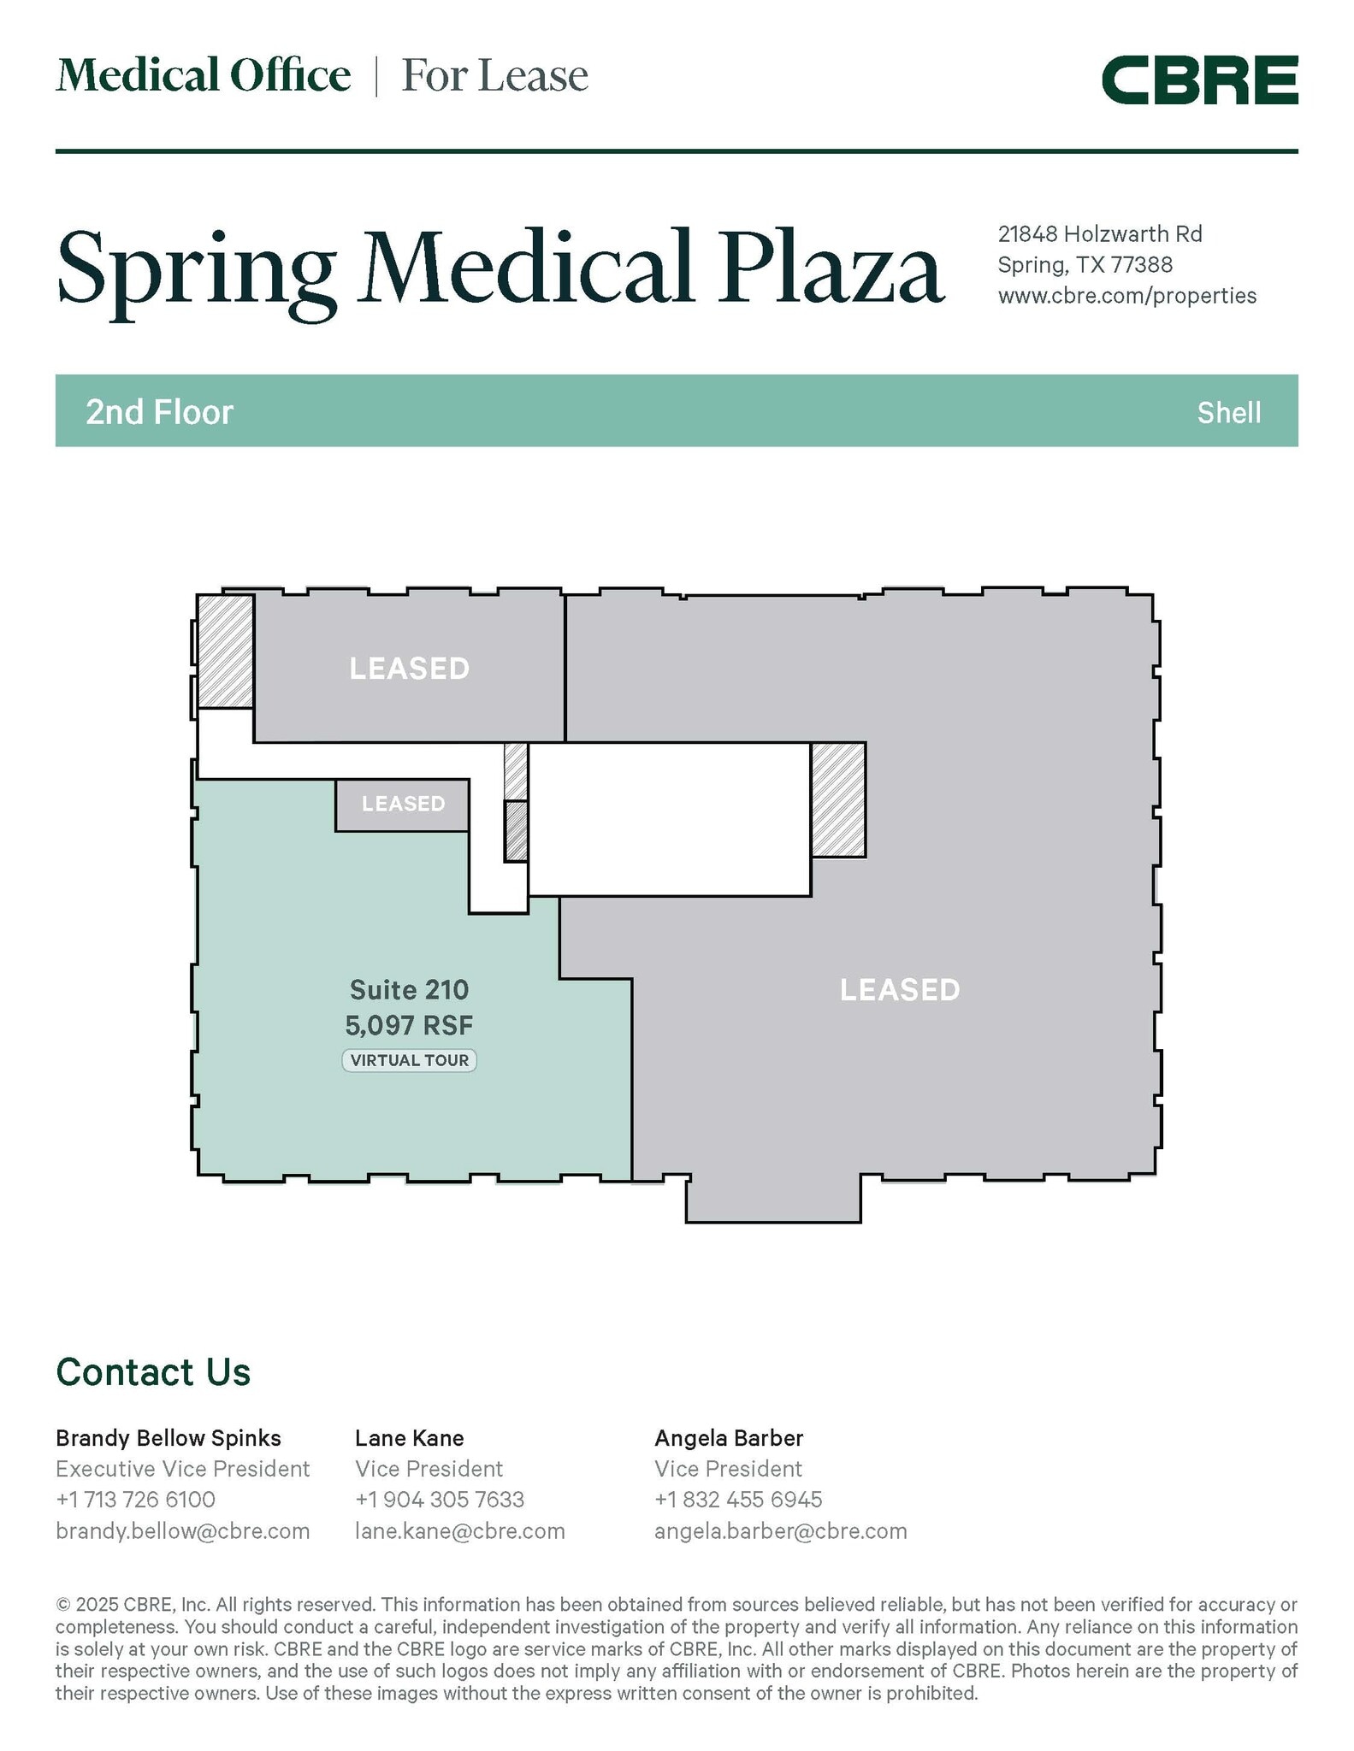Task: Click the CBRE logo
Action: tap(1199, 80)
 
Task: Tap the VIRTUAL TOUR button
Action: tap(410, 1060)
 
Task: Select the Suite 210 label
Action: tap(410, 990)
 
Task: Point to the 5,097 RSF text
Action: tap(410, 1024)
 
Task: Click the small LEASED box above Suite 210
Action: tap(402, 805)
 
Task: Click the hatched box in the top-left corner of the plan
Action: tap(226, 651)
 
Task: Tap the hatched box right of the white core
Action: tap(838, 799)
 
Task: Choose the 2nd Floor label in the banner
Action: tap(160, 412)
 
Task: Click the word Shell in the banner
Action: tap(1229, 413)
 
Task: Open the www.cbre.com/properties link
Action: tap(1127, 296)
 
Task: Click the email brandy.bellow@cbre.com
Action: tap(183, 1530)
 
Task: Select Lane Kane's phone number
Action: tap(440, 1500)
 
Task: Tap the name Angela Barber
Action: tap(729, 1438)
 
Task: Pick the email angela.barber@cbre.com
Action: tap(781, 1530)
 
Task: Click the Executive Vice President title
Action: tap(183, 1469)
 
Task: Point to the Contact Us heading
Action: tap(153, 1372)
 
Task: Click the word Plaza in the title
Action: tap(831, 268)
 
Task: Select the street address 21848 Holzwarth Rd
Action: tap(1101, 233)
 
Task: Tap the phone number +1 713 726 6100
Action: tap(136, 1500)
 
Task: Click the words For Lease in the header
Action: tap(495, 75)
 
